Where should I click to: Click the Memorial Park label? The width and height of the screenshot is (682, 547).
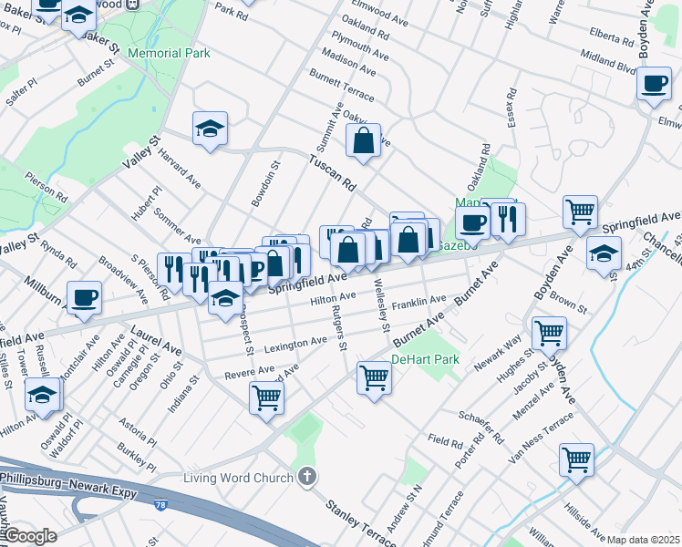coord(169,53)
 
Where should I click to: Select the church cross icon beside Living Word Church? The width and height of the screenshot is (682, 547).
coord(308,476)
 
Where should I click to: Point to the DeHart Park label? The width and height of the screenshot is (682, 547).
coord(425,359)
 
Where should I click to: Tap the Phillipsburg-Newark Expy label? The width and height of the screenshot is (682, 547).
coord(68,492)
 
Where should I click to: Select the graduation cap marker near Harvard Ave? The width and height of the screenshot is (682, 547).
coord(210,128)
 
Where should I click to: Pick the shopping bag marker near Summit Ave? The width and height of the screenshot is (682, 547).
coord(363,141)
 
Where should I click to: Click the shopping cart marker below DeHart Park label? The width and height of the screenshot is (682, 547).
coord(375,376)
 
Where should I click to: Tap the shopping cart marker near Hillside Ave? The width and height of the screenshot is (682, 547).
coord(576,459)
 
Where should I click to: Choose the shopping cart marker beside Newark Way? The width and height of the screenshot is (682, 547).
coord(549,333)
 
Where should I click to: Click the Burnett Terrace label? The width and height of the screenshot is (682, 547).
coord(342,83)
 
